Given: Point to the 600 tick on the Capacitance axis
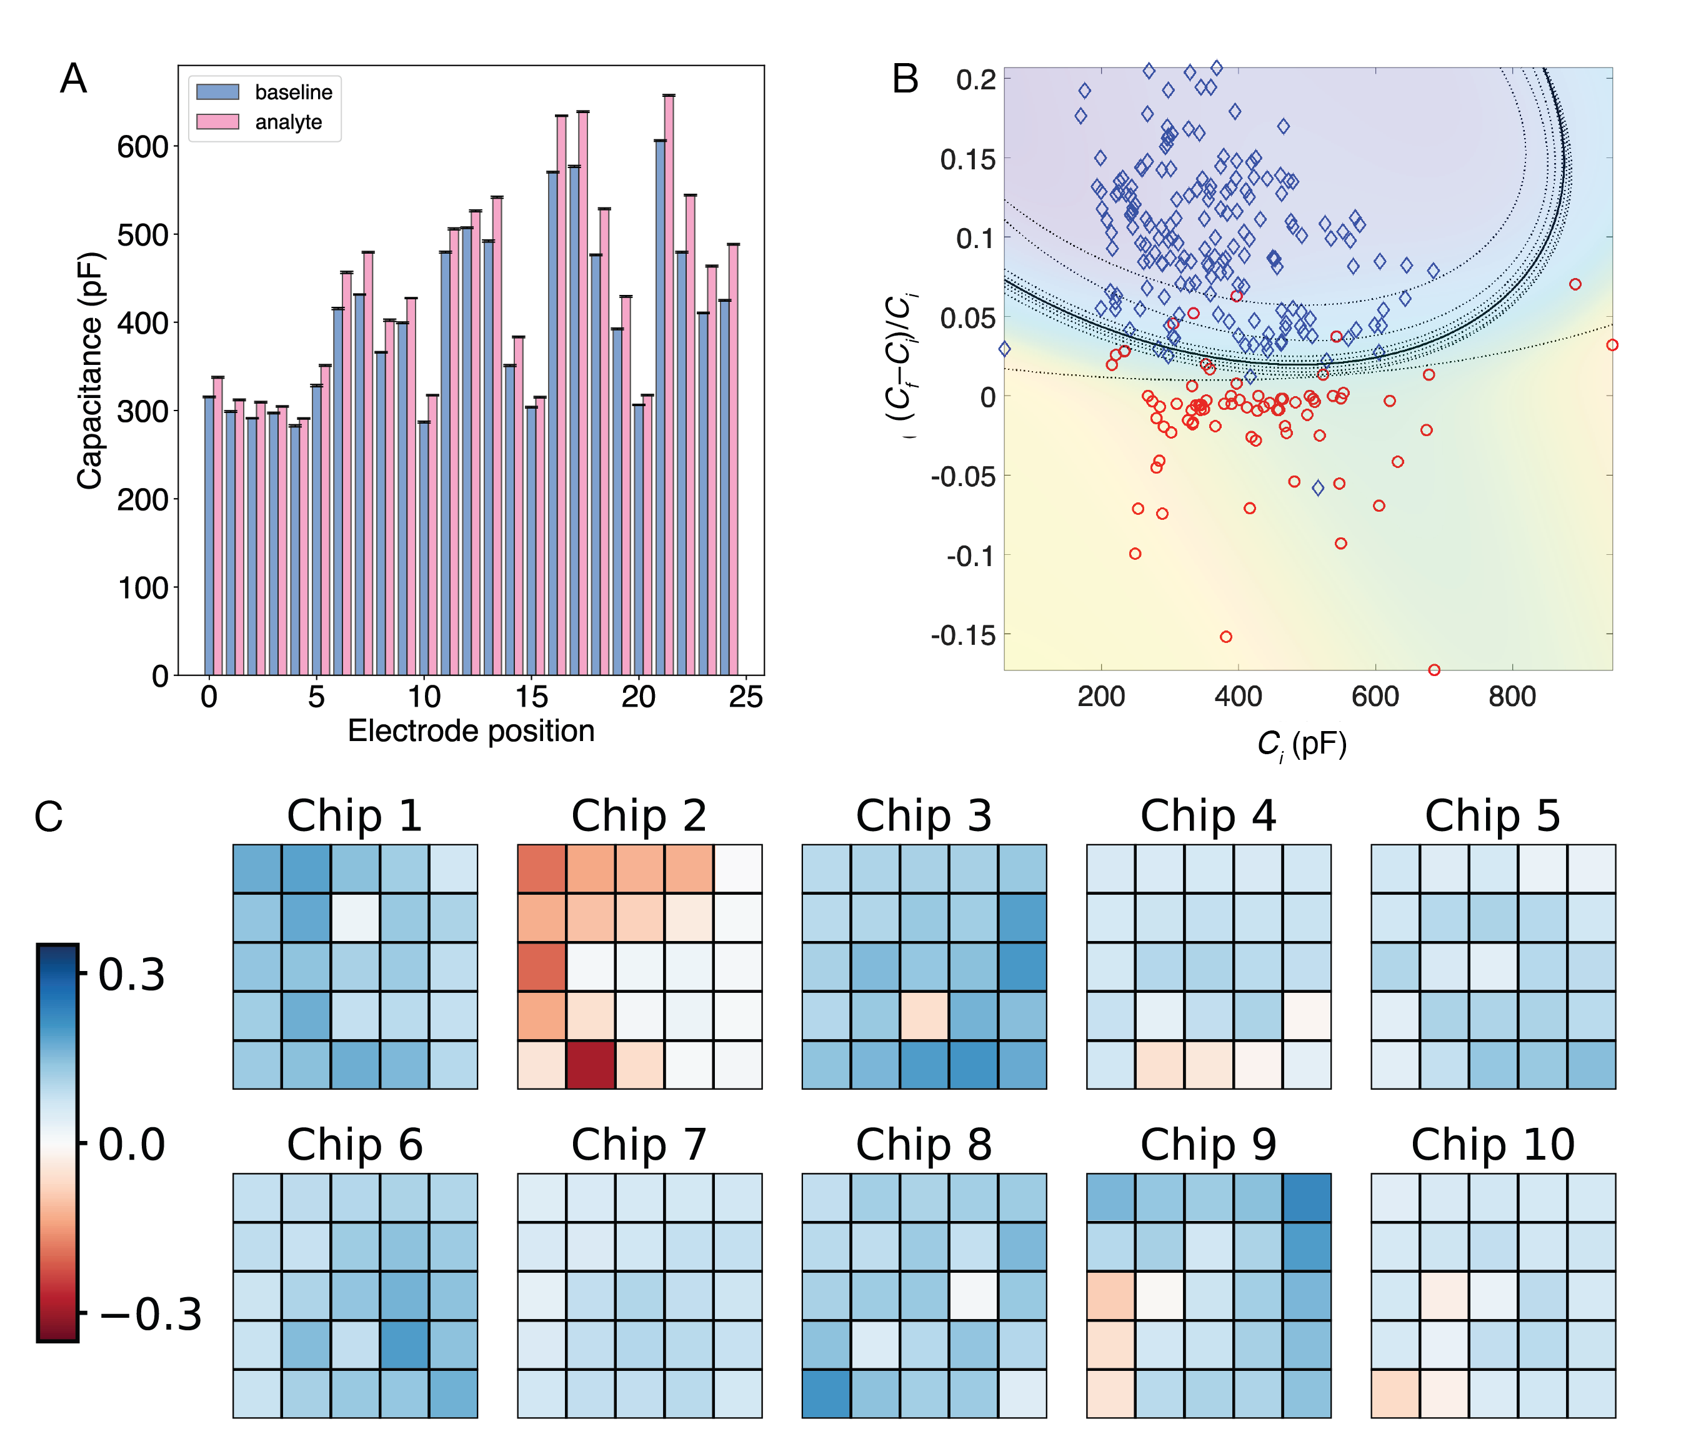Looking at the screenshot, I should [142, 147].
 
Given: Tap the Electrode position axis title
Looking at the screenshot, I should [471, 731].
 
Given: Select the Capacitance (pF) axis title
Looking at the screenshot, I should [91, 371].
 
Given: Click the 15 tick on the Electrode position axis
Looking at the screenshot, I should [532, 697].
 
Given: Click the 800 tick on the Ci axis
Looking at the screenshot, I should [1512, 697].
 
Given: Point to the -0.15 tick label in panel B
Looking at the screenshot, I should [962, 635].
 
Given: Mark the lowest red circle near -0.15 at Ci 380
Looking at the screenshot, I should [1226, 637].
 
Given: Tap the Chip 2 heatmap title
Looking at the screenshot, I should [639, 816].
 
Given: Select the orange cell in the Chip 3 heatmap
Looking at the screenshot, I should [924, 1016].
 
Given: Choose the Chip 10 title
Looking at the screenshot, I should [1493, 1145].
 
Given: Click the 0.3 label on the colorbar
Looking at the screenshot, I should [132, 975].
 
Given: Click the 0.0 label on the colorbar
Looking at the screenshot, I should [132, 1145].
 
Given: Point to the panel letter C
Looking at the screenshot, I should [49, 817].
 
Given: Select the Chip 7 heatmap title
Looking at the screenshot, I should [639, 1145].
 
